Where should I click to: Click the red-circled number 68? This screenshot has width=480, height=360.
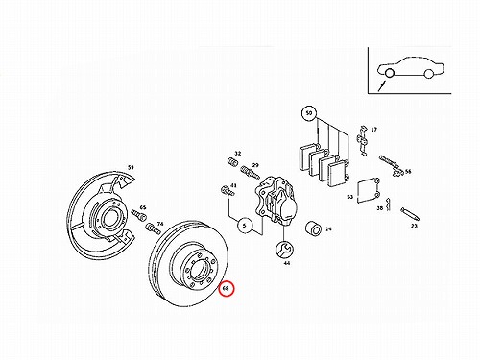click(227, 289)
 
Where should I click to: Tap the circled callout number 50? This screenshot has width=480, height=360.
click(309, 113)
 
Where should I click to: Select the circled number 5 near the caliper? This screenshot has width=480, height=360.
click(245, 226)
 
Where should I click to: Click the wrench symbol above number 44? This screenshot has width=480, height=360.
click(284, 249)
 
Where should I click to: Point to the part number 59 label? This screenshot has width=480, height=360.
click(131, 167)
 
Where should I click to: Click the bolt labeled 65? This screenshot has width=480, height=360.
click(138, 213)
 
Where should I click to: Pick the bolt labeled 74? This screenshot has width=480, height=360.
click(153, 228)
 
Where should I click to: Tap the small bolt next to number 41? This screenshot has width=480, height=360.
click(228, 190)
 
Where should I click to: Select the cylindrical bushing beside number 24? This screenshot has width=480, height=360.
click(314, 229)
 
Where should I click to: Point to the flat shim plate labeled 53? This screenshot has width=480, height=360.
click(368, 190)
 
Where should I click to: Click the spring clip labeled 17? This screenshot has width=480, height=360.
click(362, 140)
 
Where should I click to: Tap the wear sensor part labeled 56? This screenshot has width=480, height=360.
click(390, 165)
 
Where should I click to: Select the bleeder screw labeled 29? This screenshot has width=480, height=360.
click(251, 172)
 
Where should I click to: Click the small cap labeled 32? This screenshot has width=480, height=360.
click(232, 162)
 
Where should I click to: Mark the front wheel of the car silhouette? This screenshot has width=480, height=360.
click(390, 73)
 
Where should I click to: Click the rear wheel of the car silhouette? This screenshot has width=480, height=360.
click(428, 74)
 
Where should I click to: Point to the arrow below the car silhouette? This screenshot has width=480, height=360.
click(382, 86)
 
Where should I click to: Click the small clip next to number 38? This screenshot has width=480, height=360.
click(388, 204)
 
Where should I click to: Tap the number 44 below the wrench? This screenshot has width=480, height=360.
click(287, 263)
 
